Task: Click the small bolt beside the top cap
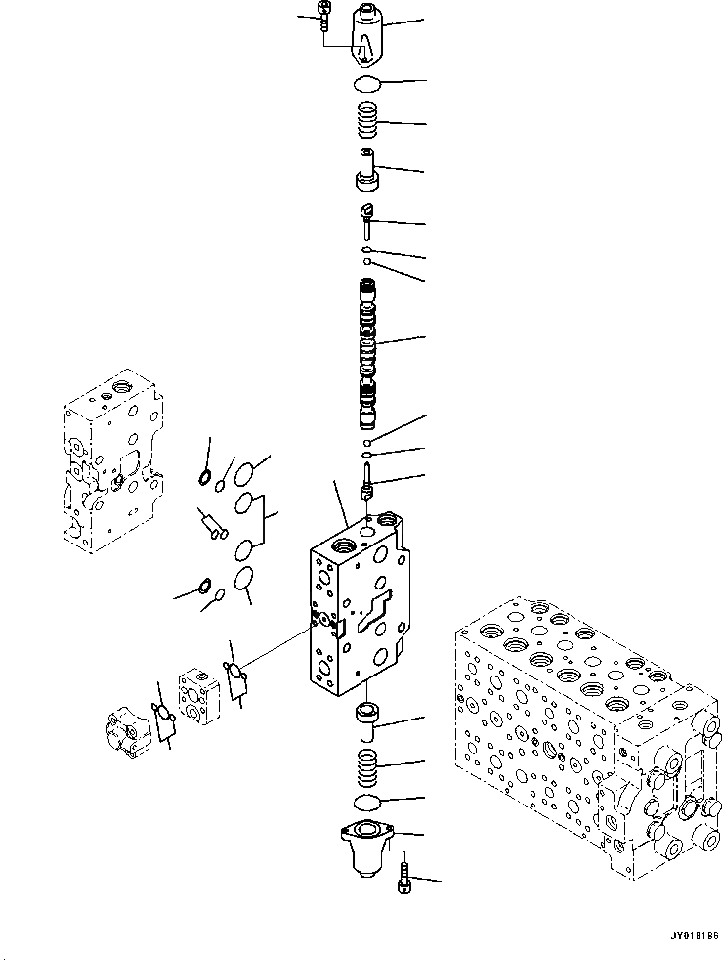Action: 323,17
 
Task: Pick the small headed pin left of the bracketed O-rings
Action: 212,525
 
